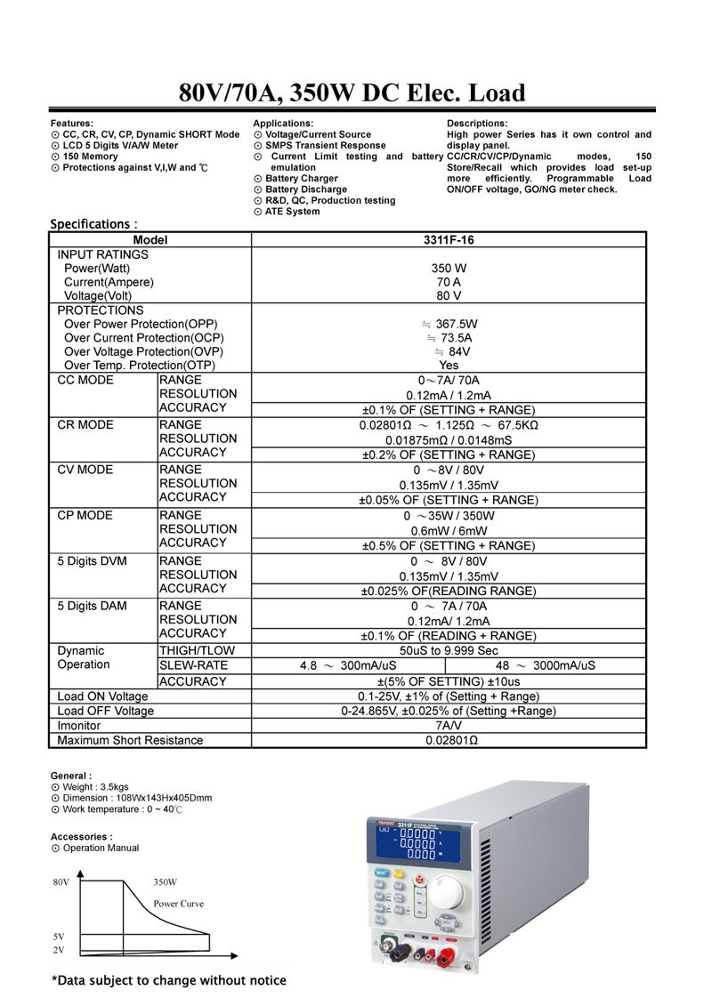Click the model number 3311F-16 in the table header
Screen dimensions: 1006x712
449,240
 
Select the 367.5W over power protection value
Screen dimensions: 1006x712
455,324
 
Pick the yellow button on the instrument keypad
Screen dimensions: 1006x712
400,873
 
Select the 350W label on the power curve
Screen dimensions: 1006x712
166,882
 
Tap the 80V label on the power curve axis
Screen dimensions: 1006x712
61,882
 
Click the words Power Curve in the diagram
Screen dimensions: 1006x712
178,904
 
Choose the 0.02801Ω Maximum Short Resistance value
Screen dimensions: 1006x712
449,740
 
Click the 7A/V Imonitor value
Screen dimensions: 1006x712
449,726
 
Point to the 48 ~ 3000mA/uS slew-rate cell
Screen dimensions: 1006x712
546,665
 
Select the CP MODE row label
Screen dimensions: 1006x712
85,516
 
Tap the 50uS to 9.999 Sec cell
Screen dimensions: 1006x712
449,651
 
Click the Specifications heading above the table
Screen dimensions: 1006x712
93,224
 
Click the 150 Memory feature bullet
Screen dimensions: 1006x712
90,157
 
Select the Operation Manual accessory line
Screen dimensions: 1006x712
101,848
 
